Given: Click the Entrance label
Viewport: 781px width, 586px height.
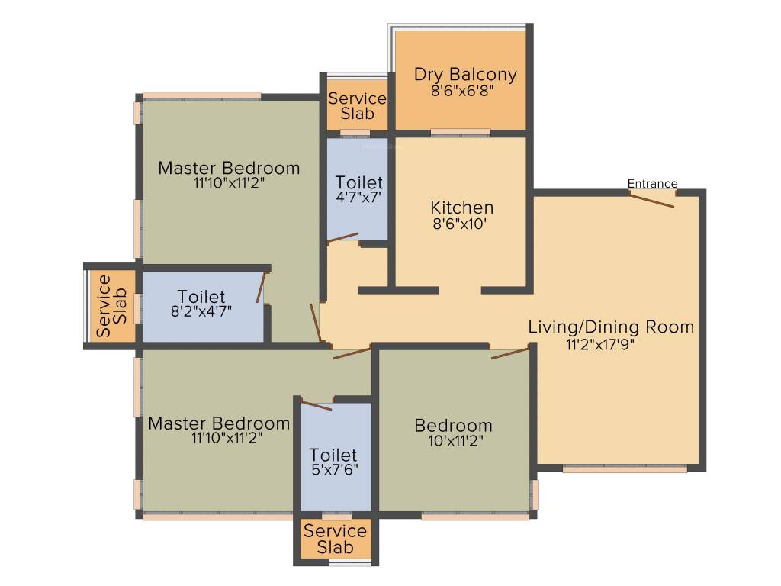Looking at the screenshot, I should [x=652, y=184].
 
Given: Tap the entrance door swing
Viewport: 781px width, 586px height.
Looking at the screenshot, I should [x=651, y=199].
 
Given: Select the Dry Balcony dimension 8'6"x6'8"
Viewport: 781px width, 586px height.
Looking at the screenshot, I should [x=465, y=90].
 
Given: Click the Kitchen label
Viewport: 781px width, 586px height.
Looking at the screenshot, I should [x=461, y=208].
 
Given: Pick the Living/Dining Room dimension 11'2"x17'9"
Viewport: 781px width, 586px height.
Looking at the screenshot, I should [x=600, y=344].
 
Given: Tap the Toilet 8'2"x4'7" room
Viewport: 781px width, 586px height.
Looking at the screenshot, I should [x=201, y=305].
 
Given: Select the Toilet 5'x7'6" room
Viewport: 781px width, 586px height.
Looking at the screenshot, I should [x=336, y=458].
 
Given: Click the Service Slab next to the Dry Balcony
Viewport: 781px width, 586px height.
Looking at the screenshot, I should [x=357, y=106].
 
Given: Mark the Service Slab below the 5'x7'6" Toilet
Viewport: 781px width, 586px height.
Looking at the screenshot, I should [x=335, y=539].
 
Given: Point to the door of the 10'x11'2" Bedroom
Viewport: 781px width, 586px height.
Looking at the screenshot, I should [x=510, y=353].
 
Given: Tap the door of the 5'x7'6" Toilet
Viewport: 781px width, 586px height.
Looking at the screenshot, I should [x=317, y=404].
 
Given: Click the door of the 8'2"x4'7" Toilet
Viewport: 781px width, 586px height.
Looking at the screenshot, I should [x=261, y=288].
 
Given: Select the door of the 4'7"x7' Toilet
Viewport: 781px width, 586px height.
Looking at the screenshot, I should [x=342, y=239].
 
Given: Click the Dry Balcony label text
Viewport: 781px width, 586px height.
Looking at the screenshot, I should [x=465, y=74].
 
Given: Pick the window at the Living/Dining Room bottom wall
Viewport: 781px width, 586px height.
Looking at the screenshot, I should [x=624, y=468].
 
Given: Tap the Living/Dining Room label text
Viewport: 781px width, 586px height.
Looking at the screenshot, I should [x=611, y=327].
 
